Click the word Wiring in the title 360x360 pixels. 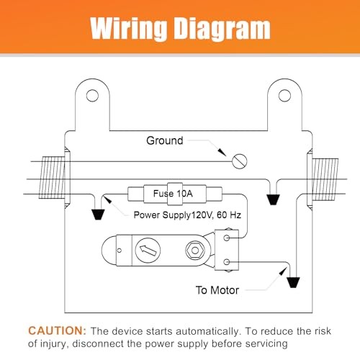click(129, 28)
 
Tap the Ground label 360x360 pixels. click(165, 140)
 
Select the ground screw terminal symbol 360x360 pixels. click(240, 161)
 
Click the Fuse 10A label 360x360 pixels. click(173, 194)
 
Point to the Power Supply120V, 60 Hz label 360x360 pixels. click(187, 215)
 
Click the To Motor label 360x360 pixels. click(217, 290)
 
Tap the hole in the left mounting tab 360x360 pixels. click(92, 96)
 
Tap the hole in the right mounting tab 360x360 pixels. click(284, 96)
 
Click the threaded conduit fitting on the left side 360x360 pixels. click(52, 178)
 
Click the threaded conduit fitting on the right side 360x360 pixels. click(325, 179)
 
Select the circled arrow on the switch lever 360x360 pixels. click(148, 250)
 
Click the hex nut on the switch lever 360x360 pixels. click(195, 251)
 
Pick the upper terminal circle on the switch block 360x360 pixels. click(227, 238)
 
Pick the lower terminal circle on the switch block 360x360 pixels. click(227, 262)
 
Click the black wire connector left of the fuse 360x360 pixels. click(98, 215)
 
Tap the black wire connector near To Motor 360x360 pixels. click(293, 282)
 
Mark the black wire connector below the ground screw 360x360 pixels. click(274, 199)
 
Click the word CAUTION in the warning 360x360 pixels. click(57, 330)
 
